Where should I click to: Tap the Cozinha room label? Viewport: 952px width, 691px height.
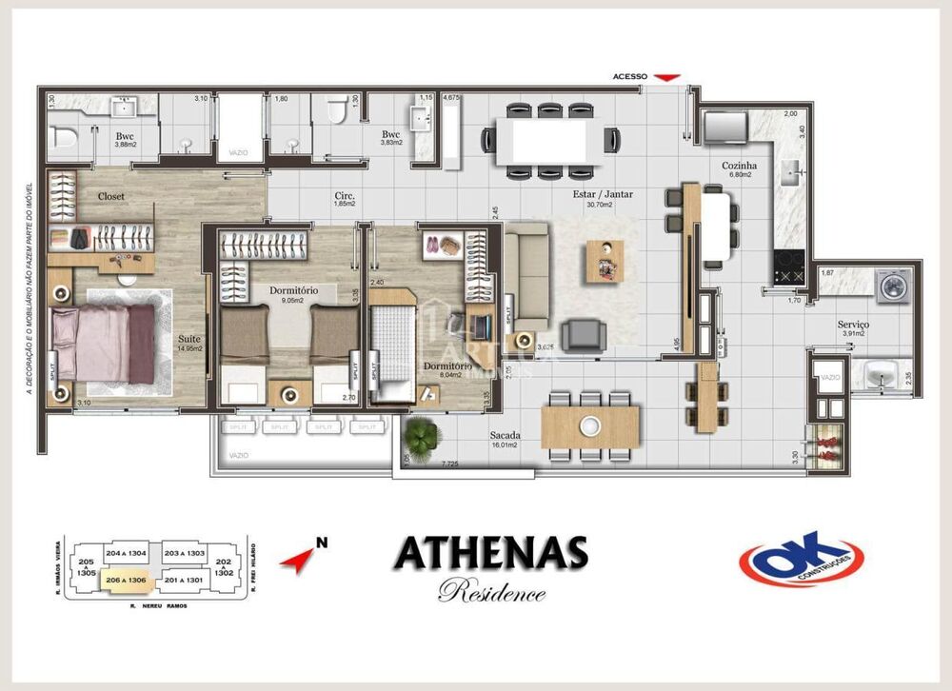[x=737, y=164]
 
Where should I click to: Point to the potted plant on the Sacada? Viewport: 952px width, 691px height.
[x=420, y=436]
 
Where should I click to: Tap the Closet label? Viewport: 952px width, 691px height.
[x=111, y=196]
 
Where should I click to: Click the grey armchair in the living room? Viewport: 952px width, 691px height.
[x=582, y=335]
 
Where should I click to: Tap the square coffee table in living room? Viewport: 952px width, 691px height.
[x=604, y=260]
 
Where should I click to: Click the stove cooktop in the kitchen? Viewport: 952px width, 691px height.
[x=790, y=268]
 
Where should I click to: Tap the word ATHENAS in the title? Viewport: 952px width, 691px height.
[x=490, y=553]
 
